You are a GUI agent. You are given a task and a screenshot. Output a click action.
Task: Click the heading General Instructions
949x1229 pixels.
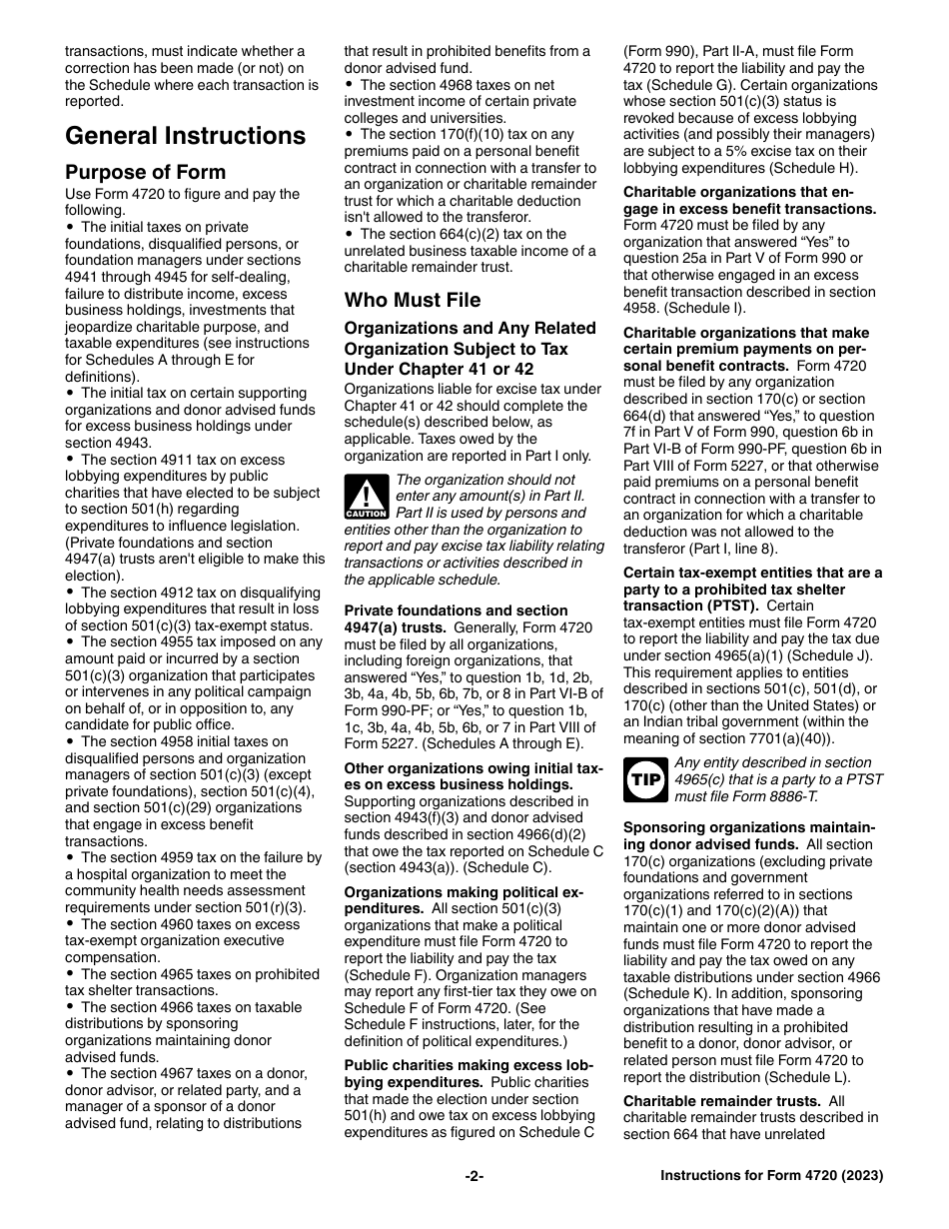(x=185, y=136)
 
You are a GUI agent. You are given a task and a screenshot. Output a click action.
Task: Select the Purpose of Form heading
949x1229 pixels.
(x=146, y=172)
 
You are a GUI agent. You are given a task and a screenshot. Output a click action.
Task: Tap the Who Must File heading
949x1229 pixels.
(x=413, y=300)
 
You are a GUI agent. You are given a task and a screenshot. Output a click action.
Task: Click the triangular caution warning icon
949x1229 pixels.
(x=366, y=497)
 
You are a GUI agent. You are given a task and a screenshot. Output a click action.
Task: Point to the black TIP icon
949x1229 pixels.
(x=644, y=779)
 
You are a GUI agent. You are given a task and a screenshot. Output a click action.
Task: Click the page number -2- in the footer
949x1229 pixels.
(x=474, y=1176)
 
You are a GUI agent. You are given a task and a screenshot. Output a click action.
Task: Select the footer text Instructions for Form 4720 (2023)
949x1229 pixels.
(x=771, y=1176)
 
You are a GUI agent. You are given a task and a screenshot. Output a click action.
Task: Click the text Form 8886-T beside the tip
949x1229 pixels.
(x=770, y=796)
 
